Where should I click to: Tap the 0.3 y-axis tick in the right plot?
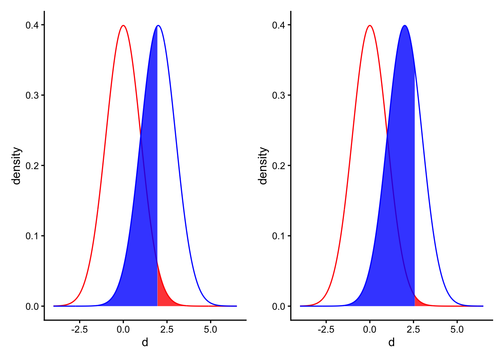(x=279, y=95)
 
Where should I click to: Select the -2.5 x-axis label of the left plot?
(x=79, y=330)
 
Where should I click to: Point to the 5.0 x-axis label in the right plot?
(x=457, y=330)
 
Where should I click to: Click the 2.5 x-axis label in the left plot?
(x=167, y=330)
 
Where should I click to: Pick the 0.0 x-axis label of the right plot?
(x=370, y=330)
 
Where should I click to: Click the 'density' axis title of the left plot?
(x=16, y=166)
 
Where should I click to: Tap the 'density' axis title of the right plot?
(x=263, y=166)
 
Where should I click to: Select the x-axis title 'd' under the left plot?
(x=145, y=342)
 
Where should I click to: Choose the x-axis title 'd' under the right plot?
(x=391, y=342)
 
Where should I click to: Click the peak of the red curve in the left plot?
(x=123, y=25)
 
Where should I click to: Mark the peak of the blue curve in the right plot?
(x=405, y=25)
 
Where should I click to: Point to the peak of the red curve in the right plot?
(x=370, y=25)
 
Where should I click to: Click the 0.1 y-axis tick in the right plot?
(x=279, y=236)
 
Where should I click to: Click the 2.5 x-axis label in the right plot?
(x=413, y=330)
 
